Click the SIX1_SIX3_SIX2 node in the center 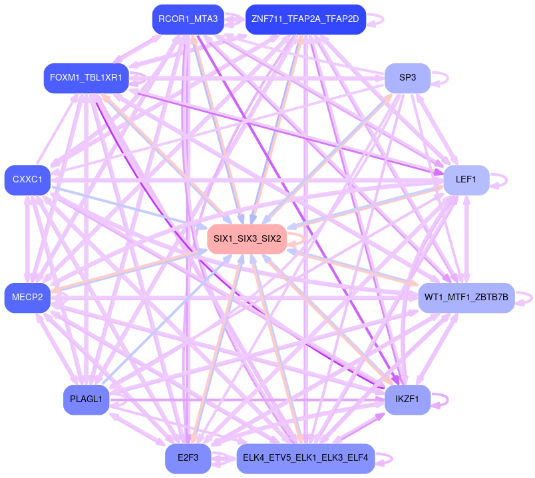[x=247, y=238]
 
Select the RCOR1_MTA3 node [x=188, y=19]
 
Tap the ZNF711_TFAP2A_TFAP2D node [x=305, y=19]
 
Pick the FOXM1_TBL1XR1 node [x=86, y=78]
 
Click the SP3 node [x=407, y=78]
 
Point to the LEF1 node [x=466, y=180]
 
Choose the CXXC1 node [x=27, y=180]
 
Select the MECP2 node [x=27, y=297]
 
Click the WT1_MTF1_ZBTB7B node [x=466, y=297]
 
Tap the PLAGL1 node [x=86, y=399]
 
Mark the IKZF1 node [x=407, y=399]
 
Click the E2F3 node [x=188, y=458]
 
